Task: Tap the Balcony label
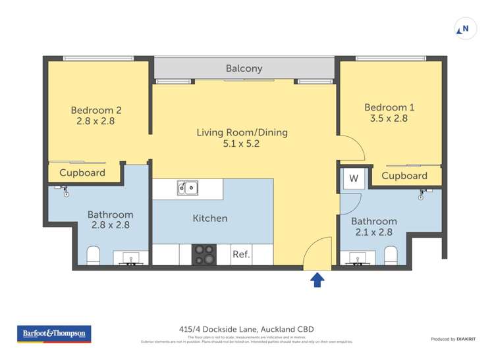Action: pyautogui.click(x=244, y=68)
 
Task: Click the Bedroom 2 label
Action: pyautogui.click(x=96, y=111)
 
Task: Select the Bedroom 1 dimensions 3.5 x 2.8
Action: pyautogui.click(x=385, y=118)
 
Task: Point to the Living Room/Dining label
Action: pyautogui.click(x=242, y=132)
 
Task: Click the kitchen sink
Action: pyautogui.click(x=187, y=189)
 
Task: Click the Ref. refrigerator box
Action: pyautogui.click(x=241, y=255)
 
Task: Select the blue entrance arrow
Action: pyautogui.click(x=317, y=280)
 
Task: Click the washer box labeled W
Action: pyautogui.click(x=354, y=178)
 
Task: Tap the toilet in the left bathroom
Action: pyautogui.click(x=93, y=255)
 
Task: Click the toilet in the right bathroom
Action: pyautogui.click(x=391, y=255)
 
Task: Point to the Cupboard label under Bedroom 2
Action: pyautogui.click(x=82, y=173)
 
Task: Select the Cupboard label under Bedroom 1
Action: pyautogui.click(x=404, y=176)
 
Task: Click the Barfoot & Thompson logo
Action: pyautogui.click(x=54, y=334)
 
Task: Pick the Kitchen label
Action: pyautogui.click(x=210, y=218)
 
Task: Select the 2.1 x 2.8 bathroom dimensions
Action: pyautogui.click(x=373, y=232)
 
